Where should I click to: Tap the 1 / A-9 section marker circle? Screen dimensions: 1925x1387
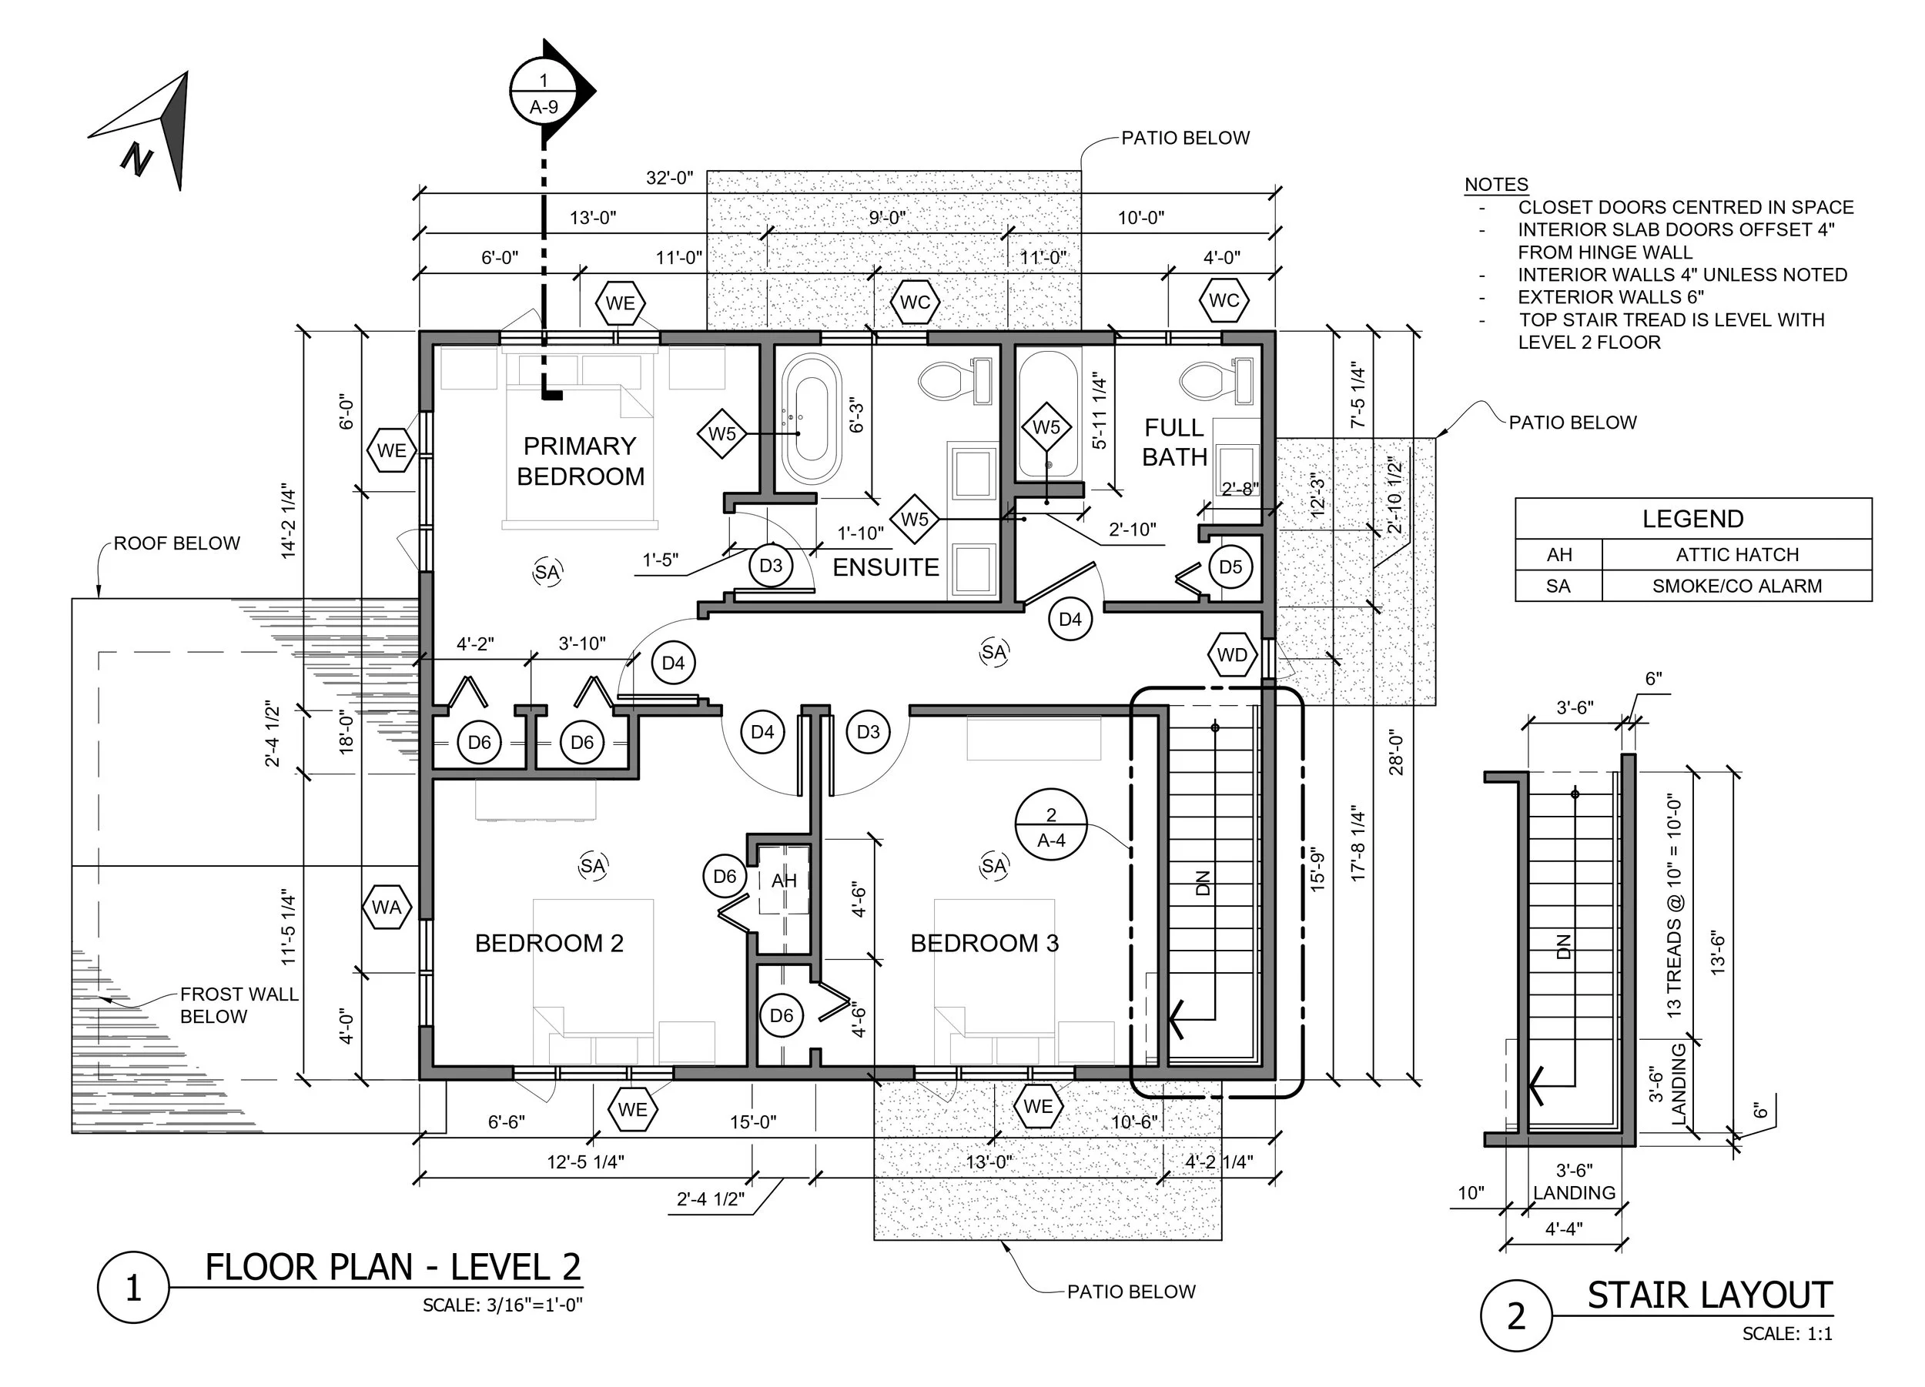[544, 92]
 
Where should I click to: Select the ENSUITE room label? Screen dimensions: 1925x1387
[885, 567]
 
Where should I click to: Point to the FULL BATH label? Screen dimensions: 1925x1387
[1175, 442]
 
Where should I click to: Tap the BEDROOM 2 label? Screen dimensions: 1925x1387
[549, 944]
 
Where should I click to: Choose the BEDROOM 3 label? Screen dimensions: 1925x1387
[985, 944]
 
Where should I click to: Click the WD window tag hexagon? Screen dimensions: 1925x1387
[1233, 655]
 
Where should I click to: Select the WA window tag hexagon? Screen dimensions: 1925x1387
[387, 907]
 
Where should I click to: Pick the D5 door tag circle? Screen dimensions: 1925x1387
[1230, 566]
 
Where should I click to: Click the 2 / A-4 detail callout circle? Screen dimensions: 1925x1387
[1051, 825]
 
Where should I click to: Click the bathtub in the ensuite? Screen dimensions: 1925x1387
[812, 418]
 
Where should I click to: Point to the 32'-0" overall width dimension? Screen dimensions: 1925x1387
[670, 178]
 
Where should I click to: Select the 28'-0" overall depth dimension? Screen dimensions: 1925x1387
[1397, 754]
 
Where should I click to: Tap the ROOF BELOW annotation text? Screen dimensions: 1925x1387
[176, 543]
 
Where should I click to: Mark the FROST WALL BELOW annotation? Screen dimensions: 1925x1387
[239, 1005]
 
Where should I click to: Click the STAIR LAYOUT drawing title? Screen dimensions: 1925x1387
[1709, 1296]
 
